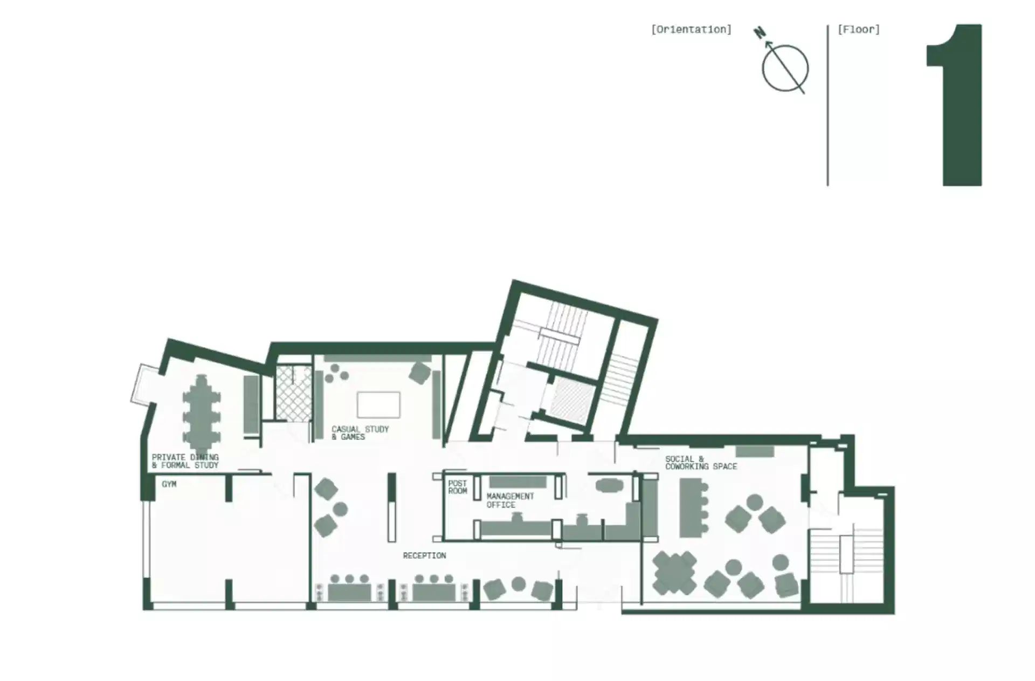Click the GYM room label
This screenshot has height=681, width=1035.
coord(169,484)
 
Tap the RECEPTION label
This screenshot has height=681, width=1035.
coord(424,555)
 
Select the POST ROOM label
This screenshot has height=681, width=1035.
coord(458,487)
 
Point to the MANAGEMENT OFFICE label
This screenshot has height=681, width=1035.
coord(510,500)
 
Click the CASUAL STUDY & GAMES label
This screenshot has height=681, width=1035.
coord(360,433)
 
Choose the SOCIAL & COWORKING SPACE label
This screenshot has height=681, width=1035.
coord(701,463)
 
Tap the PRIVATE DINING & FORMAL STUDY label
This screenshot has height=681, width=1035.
coord(185,461)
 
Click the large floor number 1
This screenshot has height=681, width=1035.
coord(955,105)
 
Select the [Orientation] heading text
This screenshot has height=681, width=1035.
coord(691,30)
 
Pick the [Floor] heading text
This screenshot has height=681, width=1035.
coord(858,30)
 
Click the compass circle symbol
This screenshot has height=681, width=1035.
coord(785,68)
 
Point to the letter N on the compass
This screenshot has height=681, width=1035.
coord(760,33)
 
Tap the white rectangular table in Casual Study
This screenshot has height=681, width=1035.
coord(378,405)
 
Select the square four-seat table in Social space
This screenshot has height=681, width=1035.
coord(674,573)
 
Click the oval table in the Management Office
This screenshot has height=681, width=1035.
coord(609,486)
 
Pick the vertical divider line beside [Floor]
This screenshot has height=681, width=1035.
coord(827,105)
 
